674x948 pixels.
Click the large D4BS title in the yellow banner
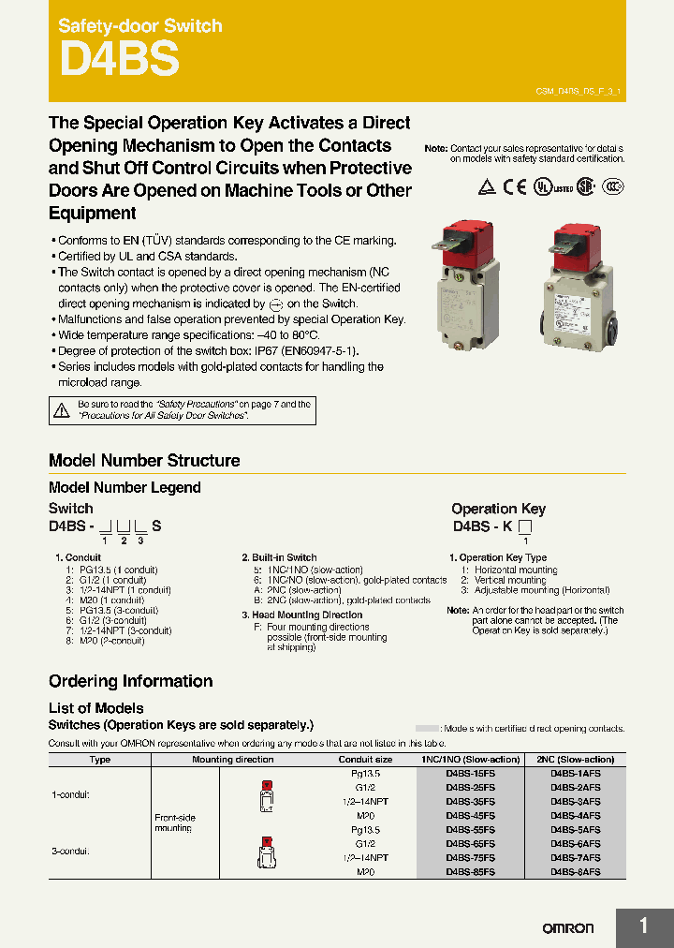[x=119, y=60]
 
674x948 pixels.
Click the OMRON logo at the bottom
[x=568, y=927]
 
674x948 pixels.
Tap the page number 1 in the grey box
[x=643, y=926]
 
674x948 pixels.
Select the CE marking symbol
[x=515, y=186]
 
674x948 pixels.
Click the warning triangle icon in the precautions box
[x=62, y=409]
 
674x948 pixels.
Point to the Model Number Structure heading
[x=144, y=460]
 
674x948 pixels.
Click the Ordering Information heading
[x=130, y=681]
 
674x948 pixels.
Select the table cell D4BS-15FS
[x=471, y=774]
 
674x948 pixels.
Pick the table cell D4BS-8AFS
[x=576, y=871]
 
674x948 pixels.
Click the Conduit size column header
[x=365, y=760]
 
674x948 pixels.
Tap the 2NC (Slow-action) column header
[x=576, y=760]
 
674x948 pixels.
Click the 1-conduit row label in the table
[x=70, y=794]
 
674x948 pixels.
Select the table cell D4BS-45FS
[x=471, y=816]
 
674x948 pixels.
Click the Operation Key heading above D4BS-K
[x=497, y=508]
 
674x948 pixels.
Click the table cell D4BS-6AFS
[x=576, y=843]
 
